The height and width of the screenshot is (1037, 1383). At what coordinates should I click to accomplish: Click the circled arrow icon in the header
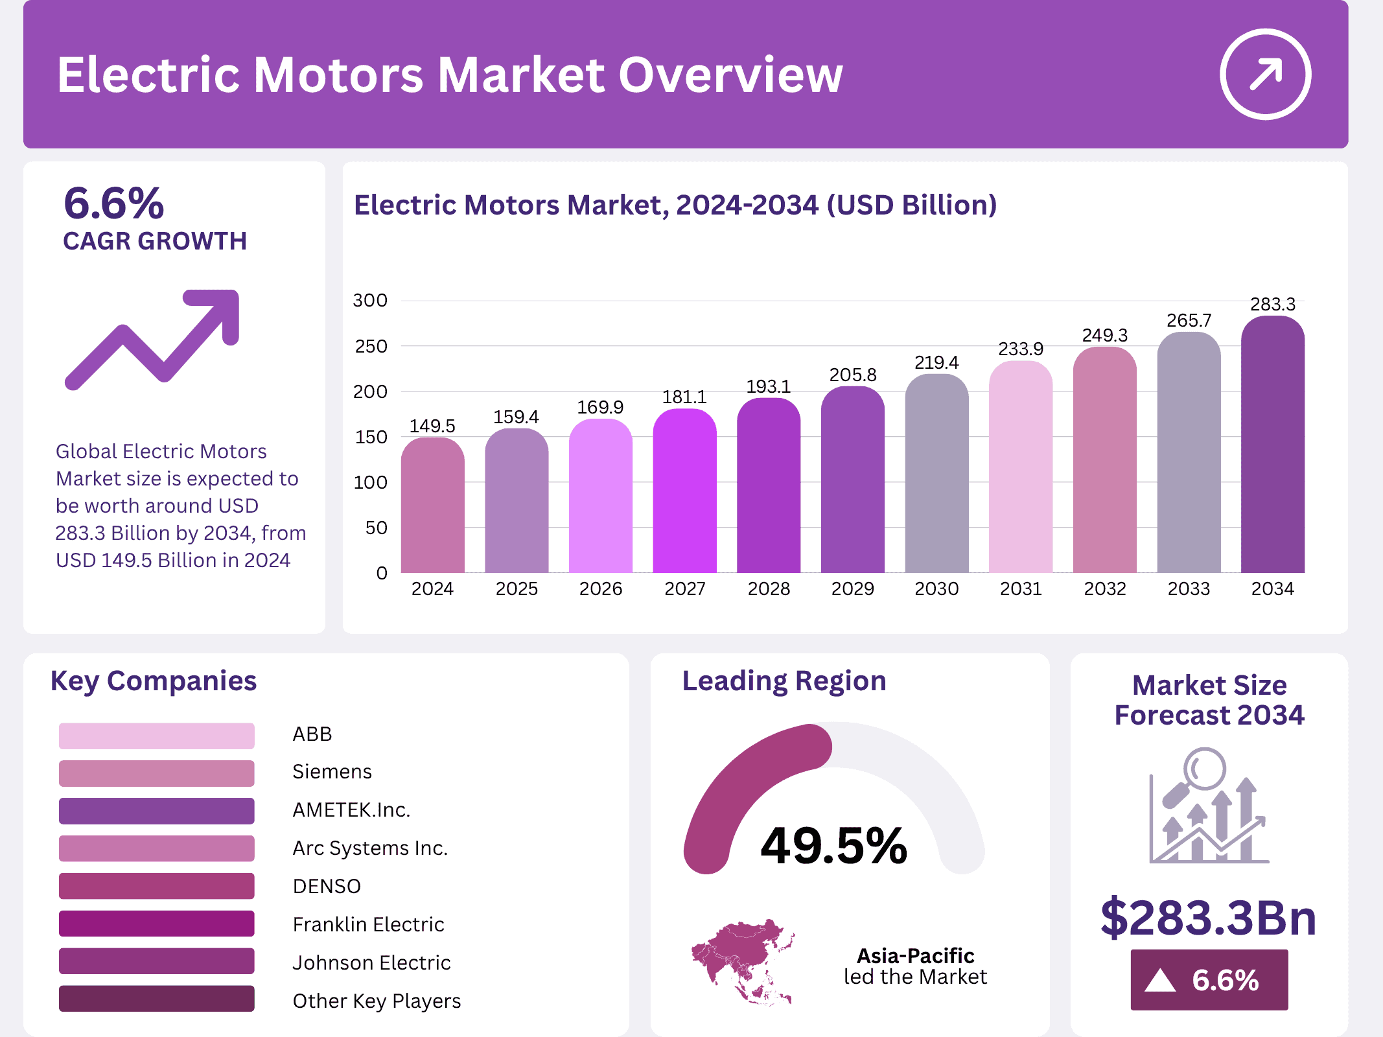(x=1265, y=74)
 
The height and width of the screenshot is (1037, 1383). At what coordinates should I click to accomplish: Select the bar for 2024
(x=432, y=506)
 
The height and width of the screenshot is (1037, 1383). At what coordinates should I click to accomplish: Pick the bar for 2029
(x=852, y=480)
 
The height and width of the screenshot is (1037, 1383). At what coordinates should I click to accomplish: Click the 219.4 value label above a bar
(x=936, y=362)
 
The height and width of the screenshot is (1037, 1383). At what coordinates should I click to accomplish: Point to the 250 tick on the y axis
(x=371, y=346)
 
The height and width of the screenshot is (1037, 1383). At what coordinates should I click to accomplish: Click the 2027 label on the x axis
(x=684, y=588)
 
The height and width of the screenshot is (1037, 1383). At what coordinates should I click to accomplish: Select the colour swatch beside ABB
(x=156, y=736)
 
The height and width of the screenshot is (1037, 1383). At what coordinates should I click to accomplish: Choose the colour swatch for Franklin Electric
(x=156, y=924)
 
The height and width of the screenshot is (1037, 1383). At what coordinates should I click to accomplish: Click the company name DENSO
(x=327, y=886)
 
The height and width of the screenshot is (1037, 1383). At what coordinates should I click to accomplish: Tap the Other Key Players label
(x=377, y=1001)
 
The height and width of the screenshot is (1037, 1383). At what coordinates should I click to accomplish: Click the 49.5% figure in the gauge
(x=833, y=846)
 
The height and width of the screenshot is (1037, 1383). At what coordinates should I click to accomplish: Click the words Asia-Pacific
(x=915, y=956)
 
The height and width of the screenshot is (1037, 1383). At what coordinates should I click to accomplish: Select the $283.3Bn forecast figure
(x=1208, y=918)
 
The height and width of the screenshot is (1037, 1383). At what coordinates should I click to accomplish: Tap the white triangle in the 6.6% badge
(x=1159, y=980)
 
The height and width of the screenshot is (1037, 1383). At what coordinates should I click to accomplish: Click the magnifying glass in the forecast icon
(x=1203, y=769)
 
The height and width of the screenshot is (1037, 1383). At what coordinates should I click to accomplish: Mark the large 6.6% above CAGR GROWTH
(x=114, y=203)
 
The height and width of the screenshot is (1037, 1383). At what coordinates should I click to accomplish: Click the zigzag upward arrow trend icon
(x=153, y=338)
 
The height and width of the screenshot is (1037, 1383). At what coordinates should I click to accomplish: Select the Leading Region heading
(x=784, y=681)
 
